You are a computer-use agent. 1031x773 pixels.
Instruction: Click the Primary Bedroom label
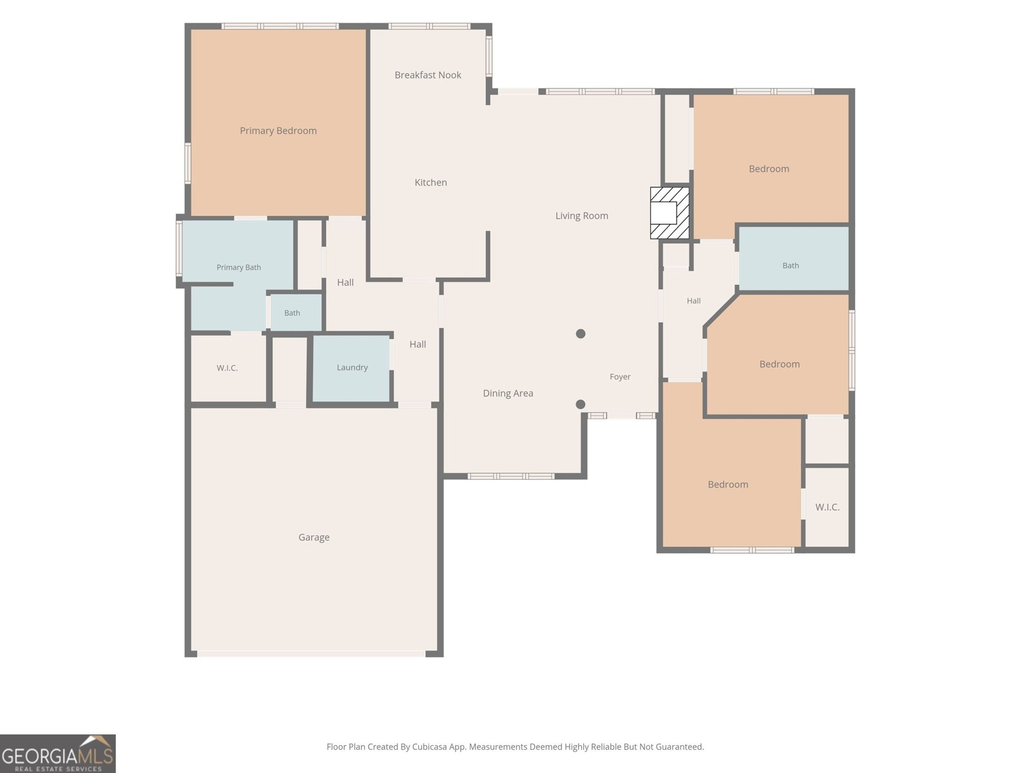[x=278, y=131]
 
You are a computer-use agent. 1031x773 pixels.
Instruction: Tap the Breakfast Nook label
[x=428, y=75]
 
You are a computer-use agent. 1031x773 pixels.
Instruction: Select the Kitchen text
[x=430, y=182]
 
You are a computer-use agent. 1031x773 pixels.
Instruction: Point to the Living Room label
[x=581, y=216]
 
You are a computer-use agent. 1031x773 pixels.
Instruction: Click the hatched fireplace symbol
[x=670, y=213]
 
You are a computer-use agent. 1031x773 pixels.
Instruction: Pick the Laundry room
[x=351, y=368]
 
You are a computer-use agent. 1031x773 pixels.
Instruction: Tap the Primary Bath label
[x=238, y=267]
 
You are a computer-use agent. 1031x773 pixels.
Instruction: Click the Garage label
[x=314, y=537]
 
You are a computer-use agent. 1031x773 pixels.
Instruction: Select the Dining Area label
[x=508, y=394]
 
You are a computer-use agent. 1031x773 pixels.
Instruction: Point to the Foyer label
[x=620, y=377]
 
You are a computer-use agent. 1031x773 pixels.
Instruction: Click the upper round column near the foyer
[x=581, y=334]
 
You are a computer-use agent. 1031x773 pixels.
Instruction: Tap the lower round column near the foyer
[x=581, y=404]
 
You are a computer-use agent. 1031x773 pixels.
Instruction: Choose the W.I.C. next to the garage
[x=227, y=368]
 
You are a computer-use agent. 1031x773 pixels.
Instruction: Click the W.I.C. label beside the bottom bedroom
[x=827, y=508]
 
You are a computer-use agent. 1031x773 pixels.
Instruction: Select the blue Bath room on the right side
[x=794, y=258]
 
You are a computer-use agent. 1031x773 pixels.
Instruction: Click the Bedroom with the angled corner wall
[x=778, y=356]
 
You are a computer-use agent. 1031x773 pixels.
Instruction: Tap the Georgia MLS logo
[x=58, y=754]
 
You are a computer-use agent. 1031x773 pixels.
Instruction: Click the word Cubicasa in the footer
[x=429, y=747]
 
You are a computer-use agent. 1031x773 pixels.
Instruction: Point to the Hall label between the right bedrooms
[x=694, y=301]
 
